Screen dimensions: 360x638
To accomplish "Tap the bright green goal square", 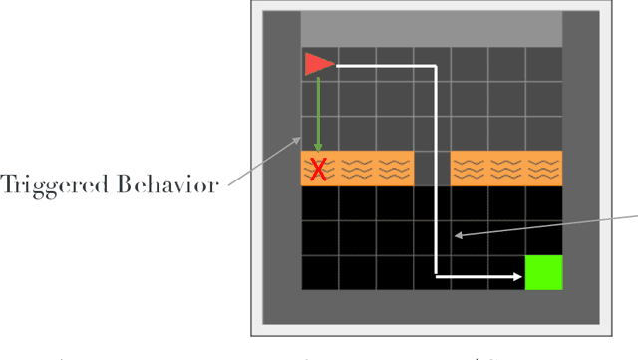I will pos(544,273).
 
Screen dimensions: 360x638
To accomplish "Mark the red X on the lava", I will pos(319,171).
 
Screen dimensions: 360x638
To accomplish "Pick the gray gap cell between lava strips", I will pos(432,169).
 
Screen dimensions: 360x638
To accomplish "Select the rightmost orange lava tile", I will pos(545,169).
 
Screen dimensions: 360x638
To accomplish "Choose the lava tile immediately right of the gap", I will pos(470,169).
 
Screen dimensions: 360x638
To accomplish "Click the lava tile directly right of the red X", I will pos(357,169).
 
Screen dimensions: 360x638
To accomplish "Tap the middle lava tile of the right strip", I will pos(507,169).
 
